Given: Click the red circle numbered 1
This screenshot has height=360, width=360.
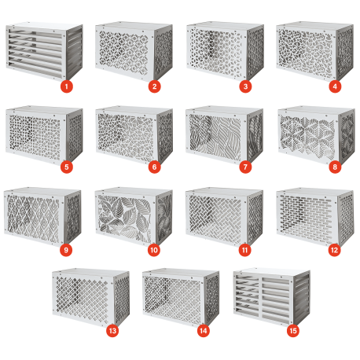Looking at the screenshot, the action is [x=67, y=86].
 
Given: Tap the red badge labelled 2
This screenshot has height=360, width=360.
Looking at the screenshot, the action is [x=154, y=86].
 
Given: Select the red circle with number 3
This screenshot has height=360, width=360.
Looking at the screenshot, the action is [x=245, y=86].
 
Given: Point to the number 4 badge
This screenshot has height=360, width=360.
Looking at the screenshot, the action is [x=335, y=86].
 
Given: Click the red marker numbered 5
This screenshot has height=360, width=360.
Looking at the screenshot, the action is [x=67, y=167].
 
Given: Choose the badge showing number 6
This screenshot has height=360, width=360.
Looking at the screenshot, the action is [x=154, y=167].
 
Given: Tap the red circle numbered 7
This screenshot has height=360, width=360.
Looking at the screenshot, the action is [x=245, y=167].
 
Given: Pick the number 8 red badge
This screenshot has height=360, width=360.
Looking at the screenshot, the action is [x=335, y=167].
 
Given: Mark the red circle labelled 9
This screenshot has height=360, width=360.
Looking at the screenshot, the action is [x=66, y=250].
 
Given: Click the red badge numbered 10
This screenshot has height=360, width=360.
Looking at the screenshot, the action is [x=154, y=250].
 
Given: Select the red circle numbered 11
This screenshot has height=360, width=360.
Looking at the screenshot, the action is [x=245, y=250].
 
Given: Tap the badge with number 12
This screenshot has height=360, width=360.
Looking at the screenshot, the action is [x=335, y=250].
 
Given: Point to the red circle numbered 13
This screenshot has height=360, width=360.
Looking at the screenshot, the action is [x=112, y=331].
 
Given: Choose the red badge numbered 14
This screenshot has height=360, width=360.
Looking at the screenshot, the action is [x=204, y=331].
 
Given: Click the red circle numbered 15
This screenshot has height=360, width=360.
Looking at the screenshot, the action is [x=293, y=331].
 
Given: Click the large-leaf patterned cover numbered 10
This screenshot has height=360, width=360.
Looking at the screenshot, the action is [x=134, y=216].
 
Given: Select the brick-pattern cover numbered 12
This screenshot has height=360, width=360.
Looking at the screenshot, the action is [x=315, y=216].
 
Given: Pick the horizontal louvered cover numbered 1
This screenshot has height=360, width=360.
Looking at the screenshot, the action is [x=44, y=51].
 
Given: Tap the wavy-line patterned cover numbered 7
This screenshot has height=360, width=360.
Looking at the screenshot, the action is [x=224, y=135].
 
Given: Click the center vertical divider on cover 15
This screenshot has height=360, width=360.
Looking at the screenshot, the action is [x=260, y=296].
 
